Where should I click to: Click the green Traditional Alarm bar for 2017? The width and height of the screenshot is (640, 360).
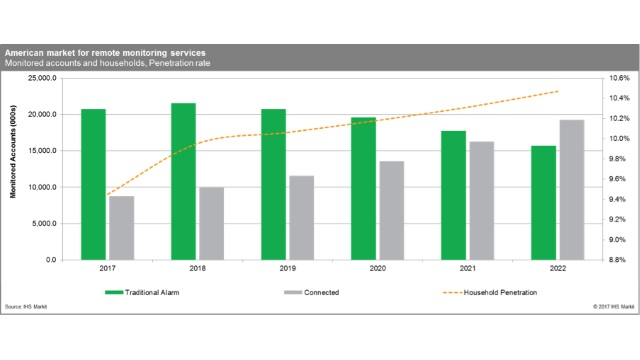tap(93, 184)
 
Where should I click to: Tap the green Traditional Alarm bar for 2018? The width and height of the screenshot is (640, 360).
tap(183, 181)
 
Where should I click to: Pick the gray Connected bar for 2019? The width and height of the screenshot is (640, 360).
tap(301, 218)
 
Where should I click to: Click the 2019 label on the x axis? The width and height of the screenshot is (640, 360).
tap(287, 269)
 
